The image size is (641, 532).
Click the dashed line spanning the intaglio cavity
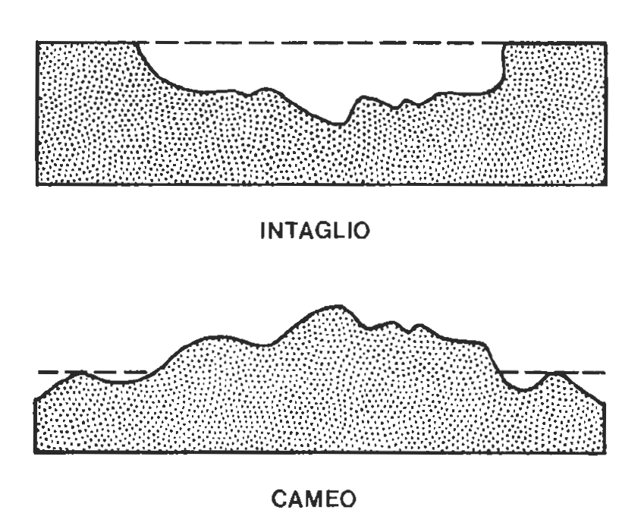[x=319, y=43]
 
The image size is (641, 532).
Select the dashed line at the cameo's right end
[x=584, y=373]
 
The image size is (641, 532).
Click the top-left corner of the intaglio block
[x=37, y=43]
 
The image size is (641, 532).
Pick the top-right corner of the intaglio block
[x=605, y=43]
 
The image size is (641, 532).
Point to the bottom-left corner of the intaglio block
[x=37, y=184]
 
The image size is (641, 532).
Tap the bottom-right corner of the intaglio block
[x=605, y=184]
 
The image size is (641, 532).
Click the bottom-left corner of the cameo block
[x=36, y=454]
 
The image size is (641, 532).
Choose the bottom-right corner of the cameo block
[x=605, y=454]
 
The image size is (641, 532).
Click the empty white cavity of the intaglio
[x=319, y=72]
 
